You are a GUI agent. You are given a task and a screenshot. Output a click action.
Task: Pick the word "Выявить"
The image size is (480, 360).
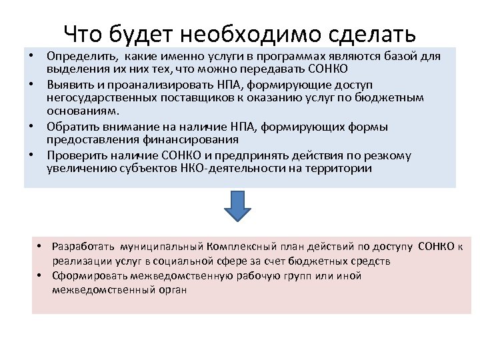[x=67, y=85]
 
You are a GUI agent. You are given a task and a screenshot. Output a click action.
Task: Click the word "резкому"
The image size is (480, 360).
[x=389, y=156]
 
